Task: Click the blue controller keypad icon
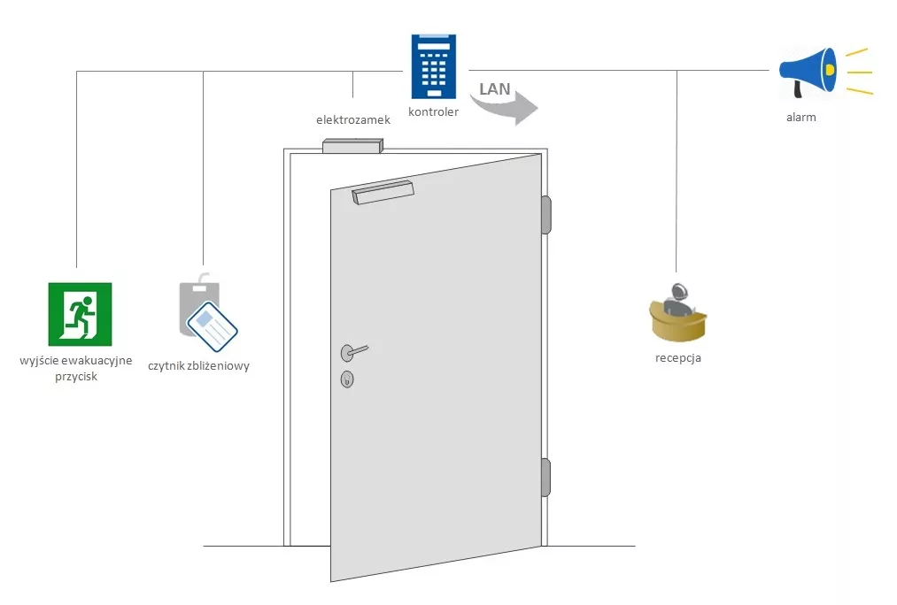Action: (x=434, y=66)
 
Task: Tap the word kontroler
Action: (x=433, y=112)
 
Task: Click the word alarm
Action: (x=800, y=117)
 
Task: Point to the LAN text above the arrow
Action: (x=494, y=88)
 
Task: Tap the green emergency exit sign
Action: (x=80, y=314)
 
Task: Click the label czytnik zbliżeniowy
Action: (x=198, y=365)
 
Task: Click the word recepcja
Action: (x=678, y=358)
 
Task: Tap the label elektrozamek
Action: (x=353, y=119)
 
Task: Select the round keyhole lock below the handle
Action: (x=347, y=380)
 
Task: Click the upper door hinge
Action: (x=546, y=215)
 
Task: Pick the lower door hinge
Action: (x=546, y=478)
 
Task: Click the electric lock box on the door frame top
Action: (x=352, y=146)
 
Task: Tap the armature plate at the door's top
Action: (x=383, y=192)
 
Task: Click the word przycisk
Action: (x=75, y=376)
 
